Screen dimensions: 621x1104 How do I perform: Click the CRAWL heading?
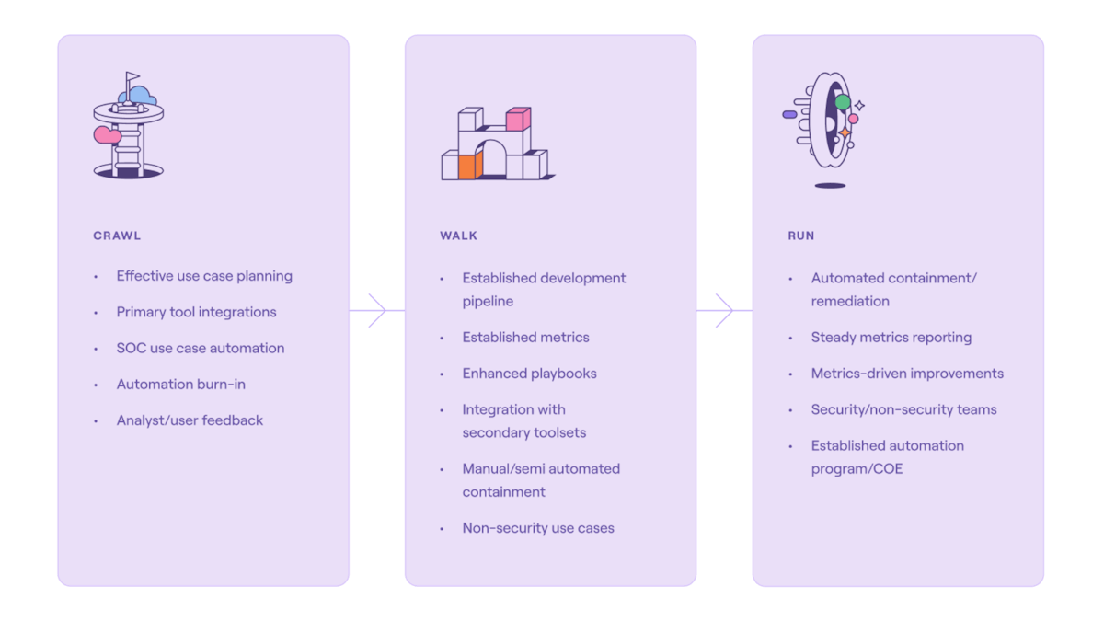coord(117,236)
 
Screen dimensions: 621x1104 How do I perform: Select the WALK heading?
coord(458,236)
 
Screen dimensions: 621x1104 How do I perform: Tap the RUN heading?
coord(800,236)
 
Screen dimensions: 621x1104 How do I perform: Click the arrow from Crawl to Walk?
coord(377,310)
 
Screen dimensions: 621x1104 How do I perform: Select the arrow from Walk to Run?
coord(724,310)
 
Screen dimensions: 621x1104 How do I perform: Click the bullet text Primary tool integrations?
coord(196,312)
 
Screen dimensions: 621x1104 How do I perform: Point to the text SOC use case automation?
coord(200,348)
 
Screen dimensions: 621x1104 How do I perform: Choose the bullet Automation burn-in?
coord(180,384)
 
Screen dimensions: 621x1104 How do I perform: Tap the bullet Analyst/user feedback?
coord(190,420)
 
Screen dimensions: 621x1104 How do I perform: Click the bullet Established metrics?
coord(525,338)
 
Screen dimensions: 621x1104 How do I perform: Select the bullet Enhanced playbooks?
coord(529,374)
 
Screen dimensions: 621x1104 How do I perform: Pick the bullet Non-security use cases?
coord(538,528)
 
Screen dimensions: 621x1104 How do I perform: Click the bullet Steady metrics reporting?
coord(891,338)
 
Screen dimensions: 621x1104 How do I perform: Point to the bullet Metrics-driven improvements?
coord(907,374)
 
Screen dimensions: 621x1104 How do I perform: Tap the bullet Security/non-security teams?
coord(903,409)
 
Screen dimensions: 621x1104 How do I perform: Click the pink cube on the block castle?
coord(518,119)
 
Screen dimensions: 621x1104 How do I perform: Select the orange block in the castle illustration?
coord(469,166)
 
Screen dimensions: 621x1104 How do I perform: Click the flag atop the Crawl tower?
coord(133,78)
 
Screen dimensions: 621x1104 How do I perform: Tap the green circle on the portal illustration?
coord(842,102)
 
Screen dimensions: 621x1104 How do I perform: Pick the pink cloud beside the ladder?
coord(107,135)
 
